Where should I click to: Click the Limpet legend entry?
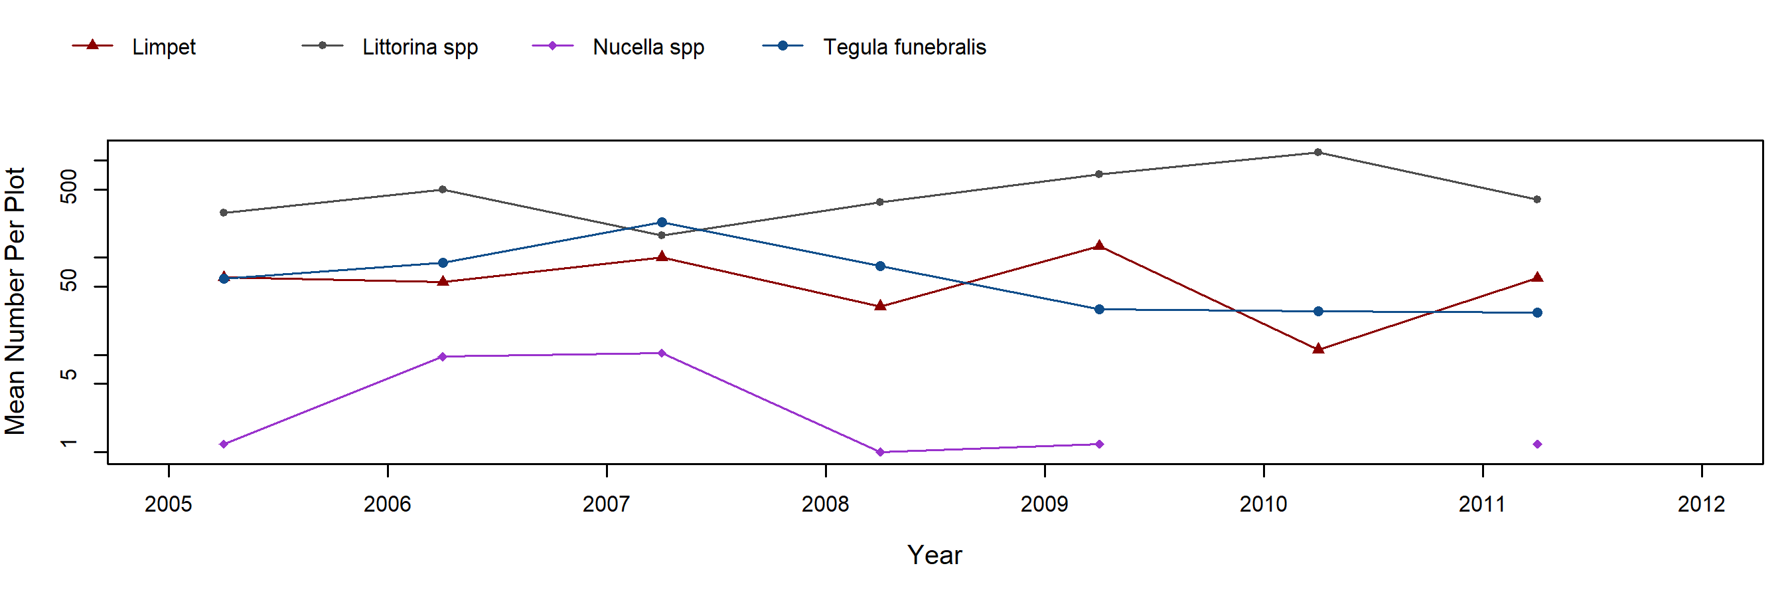[163, 47]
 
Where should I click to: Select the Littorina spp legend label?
[419, 47]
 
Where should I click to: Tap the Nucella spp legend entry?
[648, 47]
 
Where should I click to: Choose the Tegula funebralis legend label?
[904, 47]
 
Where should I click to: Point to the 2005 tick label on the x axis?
[169, 504]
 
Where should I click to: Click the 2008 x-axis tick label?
[825, 504]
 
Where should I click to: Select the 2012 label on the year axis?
[1701, 504]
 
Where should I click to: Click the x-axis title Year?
[934, 555]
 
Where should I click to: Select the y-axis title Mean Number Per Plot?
[15, 301]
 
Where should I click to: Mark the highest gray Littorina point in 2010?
[1317, 152]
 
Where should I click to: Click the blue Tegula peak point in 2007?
[662, 223]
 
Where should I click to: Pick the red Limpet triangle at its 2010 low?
[1317, 349]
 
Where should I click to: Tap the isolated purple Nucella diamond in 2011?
[1536, 444]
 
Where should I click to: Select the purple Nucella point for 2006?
[443, 357]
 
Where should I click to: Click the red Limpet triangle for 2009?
[1099, 246]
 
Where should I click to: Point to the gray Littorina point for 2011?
[1536, 200]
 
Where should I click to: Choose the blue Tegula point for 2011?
[1536, 312]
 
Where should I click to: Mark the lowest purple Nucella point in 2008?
[880, 452]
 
